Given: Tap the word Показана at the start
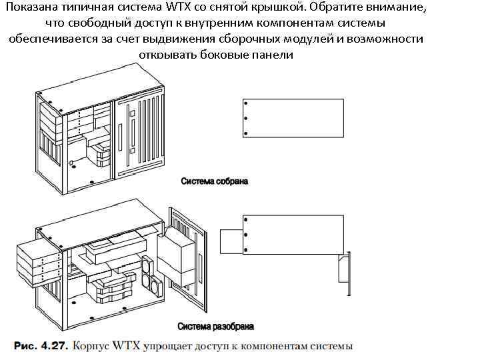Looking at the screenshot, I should pos(31,8).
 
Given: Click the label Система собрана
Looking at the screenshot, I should pos(213,181).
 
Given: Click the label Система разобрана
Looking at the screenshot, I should pos(215,327).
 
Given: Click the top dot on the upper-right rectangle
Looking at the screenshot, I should pos(246,104).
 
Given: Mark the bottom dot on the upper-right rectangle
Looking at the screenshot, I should pos(246,133).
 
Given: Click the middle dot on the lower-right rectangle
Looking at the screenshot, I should pos(246,234).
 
